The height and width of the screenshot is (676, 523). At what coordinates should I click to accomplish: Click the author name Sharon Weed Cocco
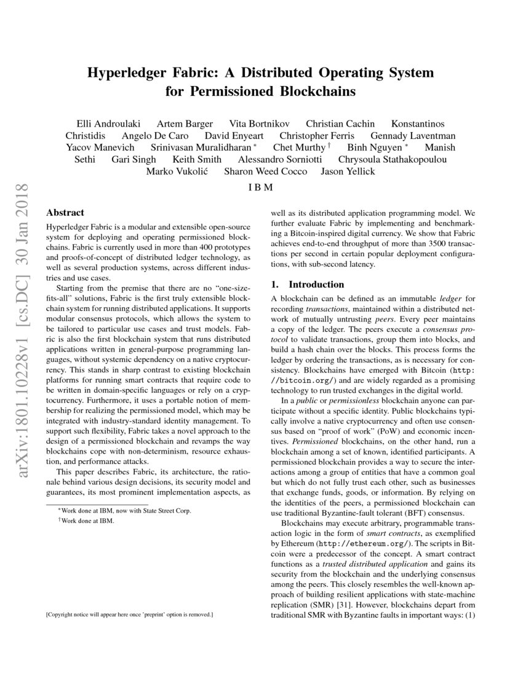pos(265,171)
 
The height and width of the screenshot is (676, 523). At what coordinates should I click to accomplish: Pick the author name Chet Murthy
pos(299,147)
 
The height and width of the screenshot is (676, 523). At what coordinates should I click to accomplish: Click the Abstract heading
pos(65,213)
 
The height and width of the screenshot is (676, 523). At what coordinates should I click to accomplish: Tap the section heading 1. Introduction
pos(308,285)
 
